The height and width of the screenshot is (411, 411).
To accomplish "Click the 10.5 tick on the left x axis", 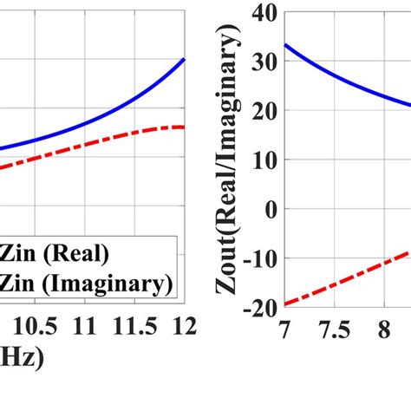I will [x=43, y=327].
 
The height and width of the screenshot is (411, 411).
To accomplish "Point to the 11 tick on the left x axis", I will [x=86, y=327].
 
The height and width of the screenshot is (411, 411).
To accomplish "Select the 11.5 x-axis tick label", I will [x=136, y=327].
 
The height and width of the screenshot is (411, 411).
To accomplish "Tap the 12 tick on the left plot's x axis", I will [x=183, y=327].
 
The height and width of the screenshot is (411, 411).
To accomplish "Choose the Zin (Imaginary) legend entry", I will [x=88, y=283].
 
